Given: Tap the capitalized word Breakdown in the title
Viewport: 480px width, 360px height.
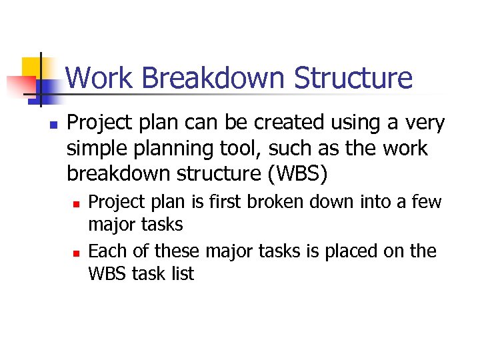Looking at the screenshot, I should (x=213, y=78).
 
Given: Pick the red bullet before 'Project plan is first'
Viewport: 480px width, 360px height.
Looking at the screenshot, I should (x=77, y=203).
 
